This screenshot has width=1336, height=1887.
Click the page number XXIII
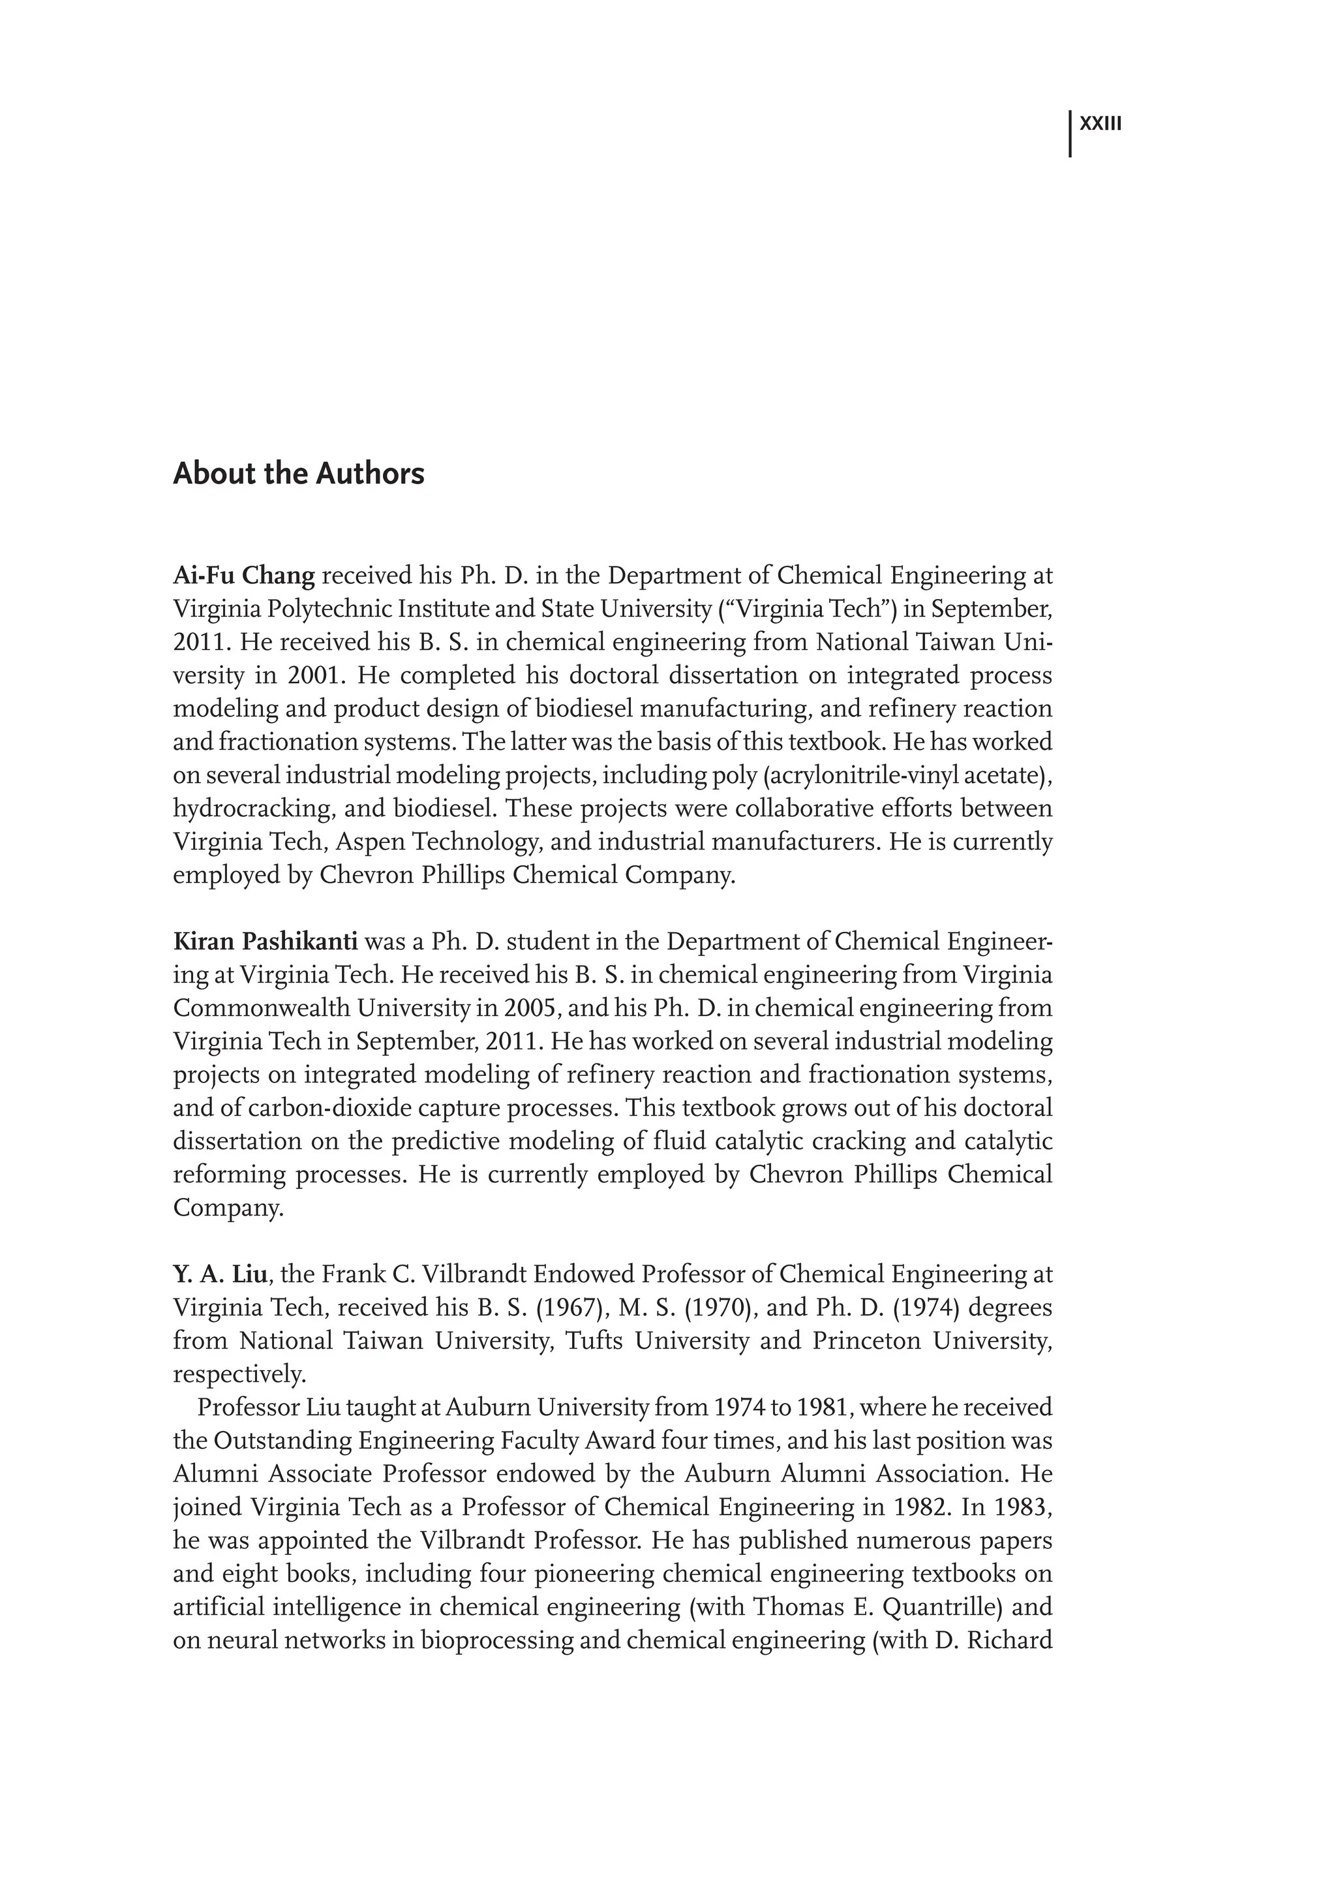pyautogui.click(x=1100, y=124)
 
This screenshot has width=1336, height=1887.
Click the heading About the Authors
pyautogui.click(x=299, y=474)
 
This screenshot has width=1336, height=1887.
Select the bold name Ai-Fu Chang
pyautogui.click(x=243, y=575)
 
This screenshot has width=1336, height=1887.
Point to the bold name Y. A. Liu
pyautogui.click(x=220, y=1275)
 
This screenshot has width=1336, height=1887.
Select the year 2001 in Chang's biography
pyautogui.click(x=310, y=675)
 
